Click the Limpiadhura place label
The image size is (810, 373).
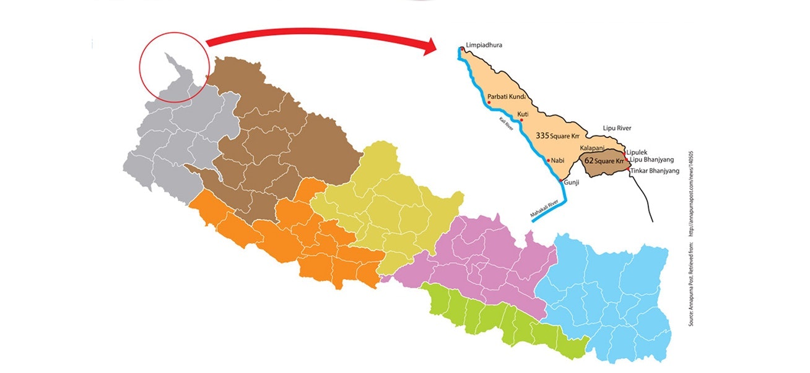click(486, 45)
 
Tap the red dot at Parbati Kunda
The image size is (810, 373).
click(489, 102)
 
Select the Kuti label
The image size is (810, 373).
click(523, 114)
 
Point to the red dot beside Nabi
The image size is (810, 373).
click(548, 160)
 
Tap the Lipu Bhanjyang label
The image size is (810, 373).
click(651, 160)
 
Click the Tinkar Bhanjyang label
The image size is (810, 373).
click(655, 171)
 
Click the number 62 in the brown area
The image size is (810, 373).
click(590, 161)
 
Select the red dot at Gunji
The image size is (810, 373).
click(560, 181)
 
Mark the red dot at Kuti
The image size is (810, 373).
click(521, 120)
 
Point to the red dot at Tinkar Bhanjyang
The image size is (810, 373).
click(629, 168)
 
